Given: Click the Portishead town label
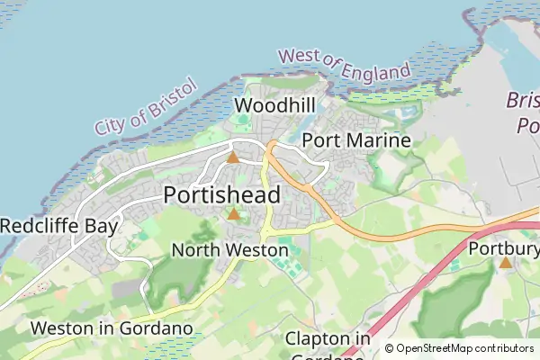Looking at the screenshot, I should pos(222,195).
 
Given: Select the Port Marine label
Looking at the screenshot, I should pos(356,140).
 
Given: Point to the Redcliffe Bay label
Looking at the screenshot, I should pos(58,226).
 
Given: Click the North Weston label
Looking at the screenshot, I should pos(229,249).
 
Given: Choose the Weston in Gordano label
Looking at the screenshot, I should pos(112,328).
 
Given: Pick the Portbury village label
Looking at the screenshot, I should pos(504,247).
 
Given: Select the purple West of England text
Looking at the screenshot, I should pos(344,67).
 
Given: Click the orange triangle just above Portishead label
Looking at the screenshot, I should pos(233,157).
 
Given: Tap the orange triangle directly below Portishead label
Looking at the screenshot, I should pos(234,214).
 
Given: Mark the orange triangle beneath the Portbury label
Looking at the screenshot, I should pos(505,263).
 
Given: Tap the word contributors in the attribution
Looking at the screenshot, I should pos(504,348).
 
